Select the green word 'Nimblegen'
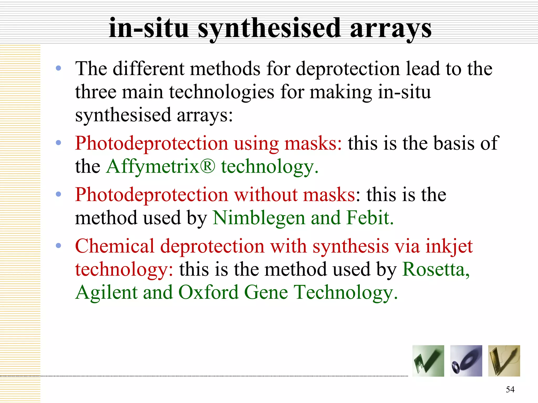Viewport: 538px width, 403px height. [x=258, y=218]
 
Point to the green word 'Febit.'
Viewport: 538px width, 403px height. [x=370, y=218]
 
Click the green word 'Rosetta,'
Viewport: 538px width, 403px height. [x=436, y=269]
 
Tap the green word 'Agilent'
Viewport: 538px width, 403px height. [x=106, y=292]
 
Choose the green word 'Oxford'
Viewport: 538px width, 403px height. [x=208, y=292]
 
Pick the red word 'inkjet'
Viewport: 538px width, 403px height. [x=449, y=247]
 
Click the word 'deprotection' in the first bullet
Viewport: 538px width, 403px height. [x=348, y=69]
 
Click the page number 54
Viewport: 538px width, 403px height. [x=510, y=389]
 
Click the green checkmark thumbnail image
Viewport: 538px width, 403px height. [x=428, y=361]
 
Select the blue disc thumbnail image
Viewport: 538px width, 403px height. [x=466, y=361]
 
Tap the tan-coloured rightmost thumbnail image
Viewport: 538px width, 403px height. [x=504, y=361]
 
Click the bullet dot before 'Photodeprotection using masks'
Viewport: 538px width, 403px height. [x=58, y=143]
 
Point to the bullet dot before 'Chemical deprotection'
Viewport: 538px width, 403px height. [x=58, y=246]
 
